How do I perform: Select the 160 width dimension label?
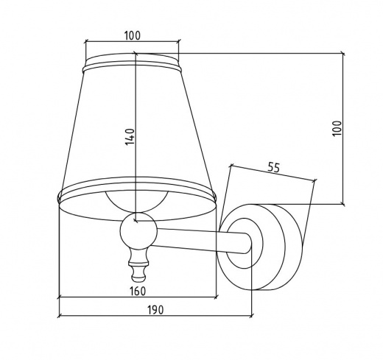tap(138, 292)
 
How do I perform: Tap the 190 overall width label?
tap(155, 310)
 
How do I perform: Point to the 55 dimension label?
tap(273, 168)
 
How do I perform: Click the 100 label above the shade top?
tap(133, 36)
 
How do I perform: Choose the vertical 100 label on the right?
tap(337, 128)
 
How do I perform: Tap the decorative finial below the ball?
tap(139, 264)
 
